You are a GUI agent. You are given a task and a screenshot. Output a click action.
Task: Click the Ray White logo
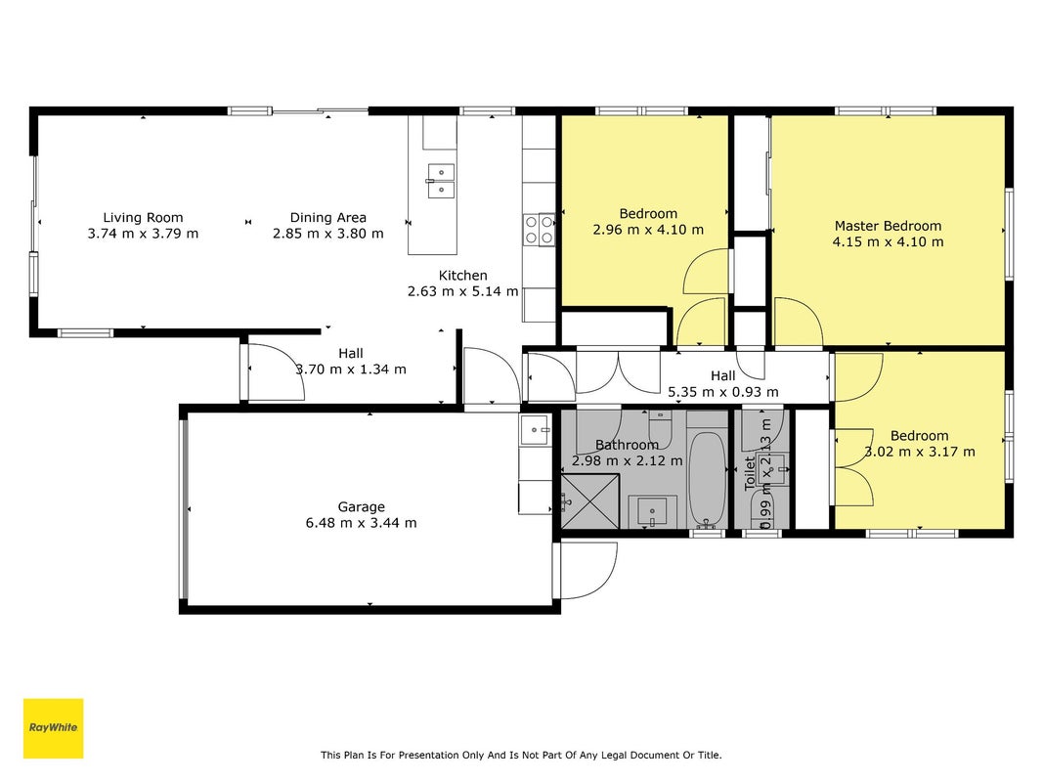(x=53, y=728)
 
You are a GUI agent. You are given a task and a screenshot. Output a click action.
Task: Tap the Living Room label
(x=143, y=217)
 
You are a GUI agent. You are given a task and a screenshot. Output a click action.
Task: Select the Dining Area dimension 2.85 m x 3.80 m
(x=327, y=234)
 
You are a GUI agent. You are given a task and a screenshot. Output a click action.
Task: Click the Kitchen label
(x=463, y=276)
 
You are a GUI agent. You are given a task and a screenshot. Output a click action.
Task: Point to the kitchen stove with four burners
(x=539, y=230)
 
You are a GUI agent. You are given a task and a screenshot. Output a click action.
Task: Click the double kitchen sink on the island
(x=441, y=182)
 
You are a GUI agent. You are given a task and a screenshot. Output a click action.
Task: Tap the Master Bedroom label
(x=888, y=226)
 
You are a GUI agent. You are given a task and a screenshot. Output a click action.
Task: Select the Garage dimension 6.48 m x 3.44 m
(x=362, y=523)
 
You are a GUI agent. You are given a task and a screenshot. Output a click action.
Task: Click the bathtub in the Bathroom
(x=707, y=479)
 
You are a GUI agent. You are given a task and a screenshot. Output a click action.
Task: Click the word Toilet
(x=750, y=473)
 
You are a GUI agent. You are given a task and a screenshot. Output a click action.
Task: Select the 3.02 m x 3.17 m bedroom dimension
(x=920, y=453)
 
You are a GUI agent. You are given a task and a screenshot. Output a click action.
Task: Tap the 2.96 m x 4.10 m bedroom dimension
(x=648, y=230)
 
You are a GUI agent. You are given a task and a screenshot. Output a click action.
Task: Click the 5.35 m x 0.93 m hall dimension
(x=723, y=392)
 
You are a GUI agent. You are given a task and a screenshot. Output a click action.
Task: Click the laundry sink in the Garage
(x=536, y=430)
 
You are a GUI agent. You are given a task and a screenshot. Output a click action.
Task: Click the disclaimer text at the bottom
(x=521, y=755)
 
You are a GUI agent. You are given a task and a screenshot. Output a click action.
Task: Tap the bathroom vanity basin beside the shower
(x=653, y=512)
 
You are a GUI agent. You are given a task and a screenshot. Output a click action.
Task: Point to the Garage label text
(x=362, y=507)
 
